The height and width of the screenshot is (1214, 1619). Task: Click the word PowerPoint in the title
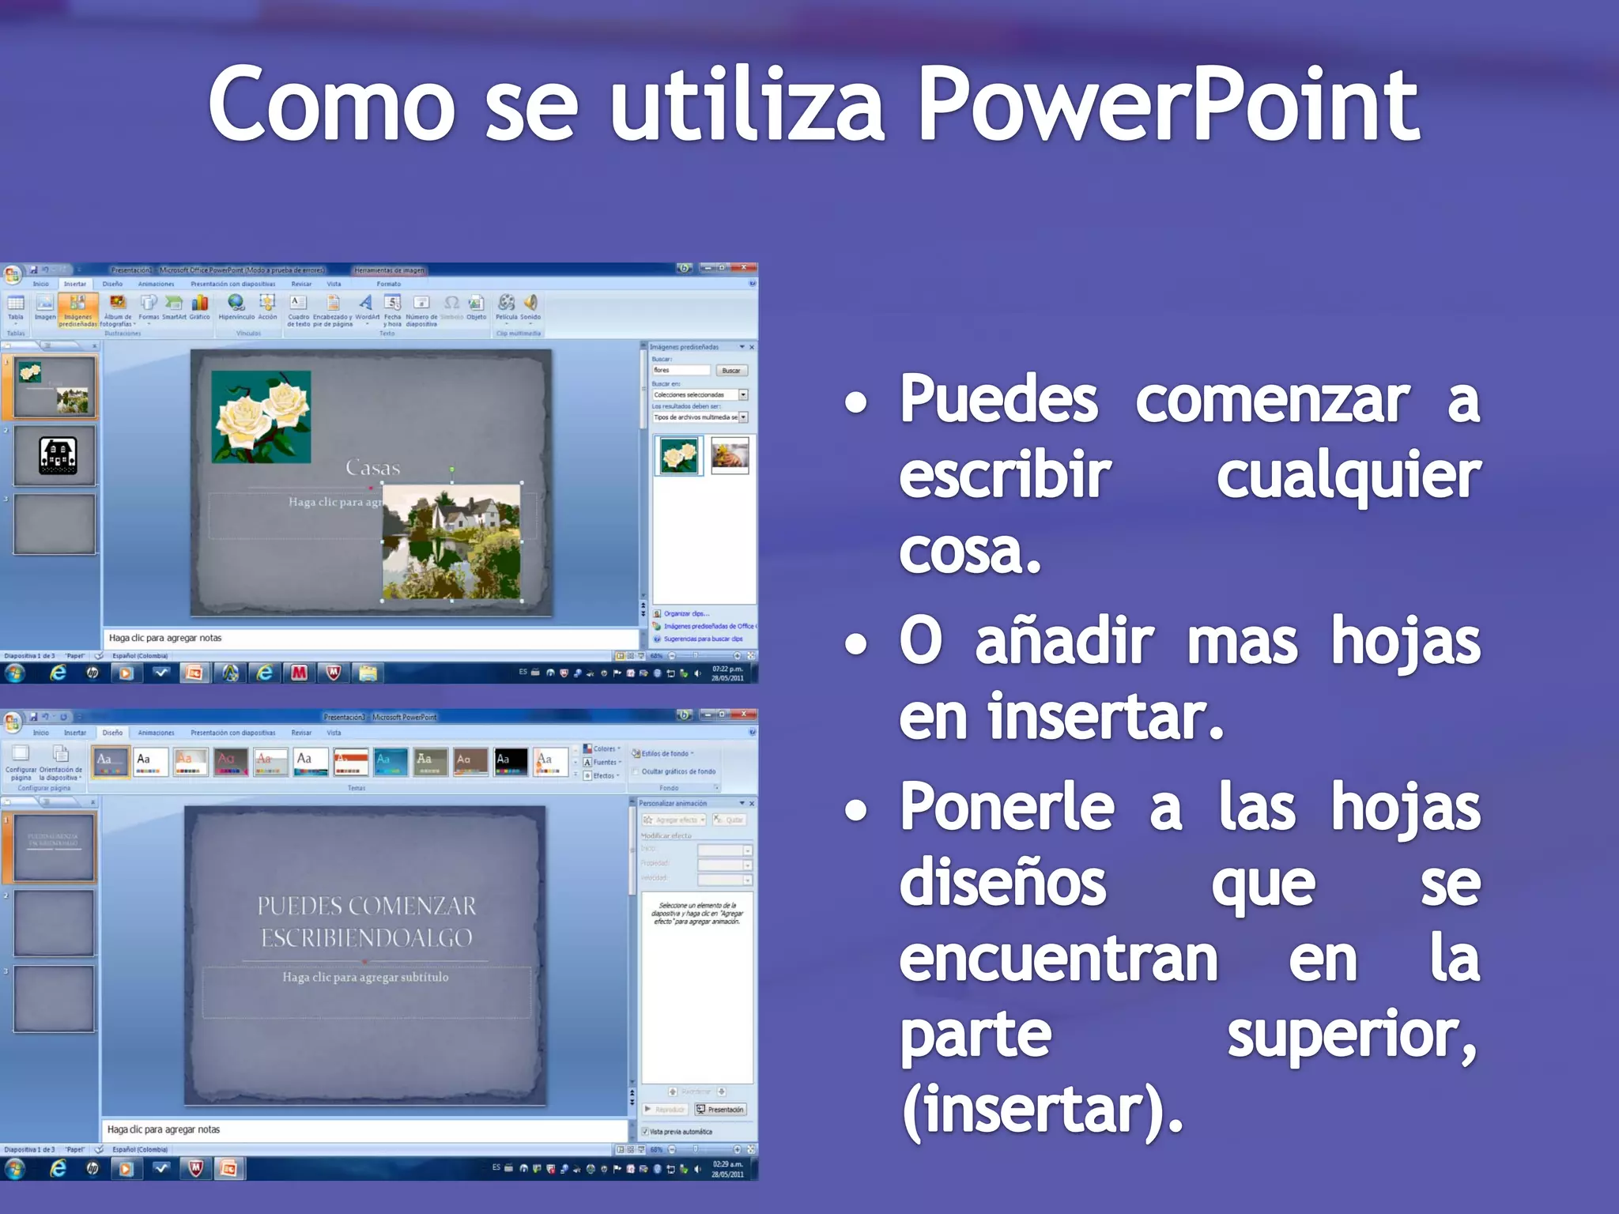coord(1168,104)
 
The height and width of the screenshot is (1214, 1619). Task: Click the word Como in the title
coord(331,104)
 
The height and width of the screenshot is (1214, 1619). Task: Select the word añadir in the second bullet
coord(1064,640)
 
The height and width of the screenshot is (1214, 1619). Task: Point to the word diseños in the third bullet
coord(1002,883)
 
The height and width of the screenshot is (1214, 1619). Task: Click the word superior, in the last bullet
coord(1351,1035)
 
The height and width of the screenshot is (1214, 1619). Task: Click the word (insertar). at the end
coord(1041,1110)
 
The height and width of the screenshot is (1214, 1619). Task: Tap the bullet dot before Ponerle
coord(855,811)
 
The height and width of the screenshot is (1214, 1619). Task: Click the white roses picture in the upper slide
coord(261,417)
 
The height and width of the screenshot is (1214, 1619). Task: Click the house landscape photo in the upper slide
coord(451,542)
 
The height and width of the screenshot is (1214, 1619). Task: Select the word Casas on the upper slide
coord(372,468)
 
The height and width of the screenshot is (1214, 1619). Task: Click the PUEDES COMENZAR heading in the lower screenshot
coord(366,922)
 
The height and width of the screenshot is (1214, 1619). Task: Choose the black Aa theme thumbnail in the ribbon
coord(511,761)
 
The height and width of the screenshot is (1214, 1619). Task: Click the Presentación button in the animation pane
coord(720,1110)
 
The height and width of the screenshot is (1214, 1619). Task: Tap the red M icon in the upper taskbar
coord(299,673)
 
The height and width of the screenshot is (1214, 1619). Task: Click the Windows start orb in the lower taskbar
coord(14,1168)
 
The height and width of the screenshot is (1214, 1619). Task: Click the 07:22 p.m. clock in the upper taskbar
coord(726,673)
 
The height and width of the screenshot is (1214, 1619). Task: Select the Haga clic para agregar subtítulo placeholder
coord(365,978)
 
